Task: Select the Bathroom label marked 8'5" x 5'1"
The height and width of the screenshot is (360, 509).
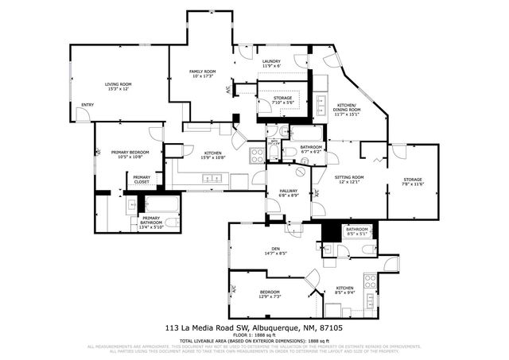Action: point(357,231)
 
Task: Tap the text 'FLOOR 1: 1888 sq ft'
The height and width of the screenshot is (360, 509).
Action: point(254,335)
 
